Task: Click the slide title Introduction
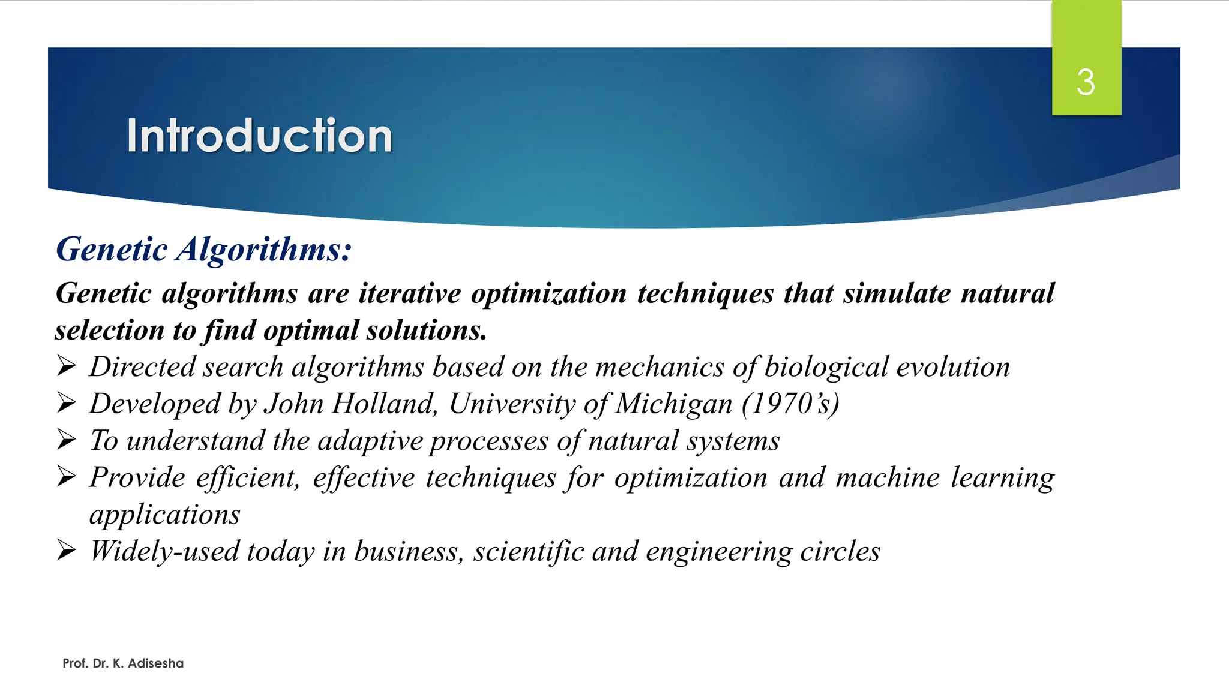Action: pos(259,136)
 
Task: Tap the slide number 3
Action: pos(1086,82)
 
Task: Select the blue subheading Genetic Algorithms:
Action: pos(203,249)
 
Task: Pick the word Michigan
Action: pos(674,404)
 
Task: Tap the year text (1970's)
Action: pos(790,404)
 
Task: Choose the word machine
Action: pos(887,478)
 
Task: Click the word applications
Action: pos(165,515)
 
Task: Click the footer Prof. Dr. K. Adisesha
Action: pos(123,663)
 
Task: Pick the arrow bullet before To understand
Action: pos(66,440)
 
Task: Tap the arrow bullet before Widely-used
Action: pos(66,550)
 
